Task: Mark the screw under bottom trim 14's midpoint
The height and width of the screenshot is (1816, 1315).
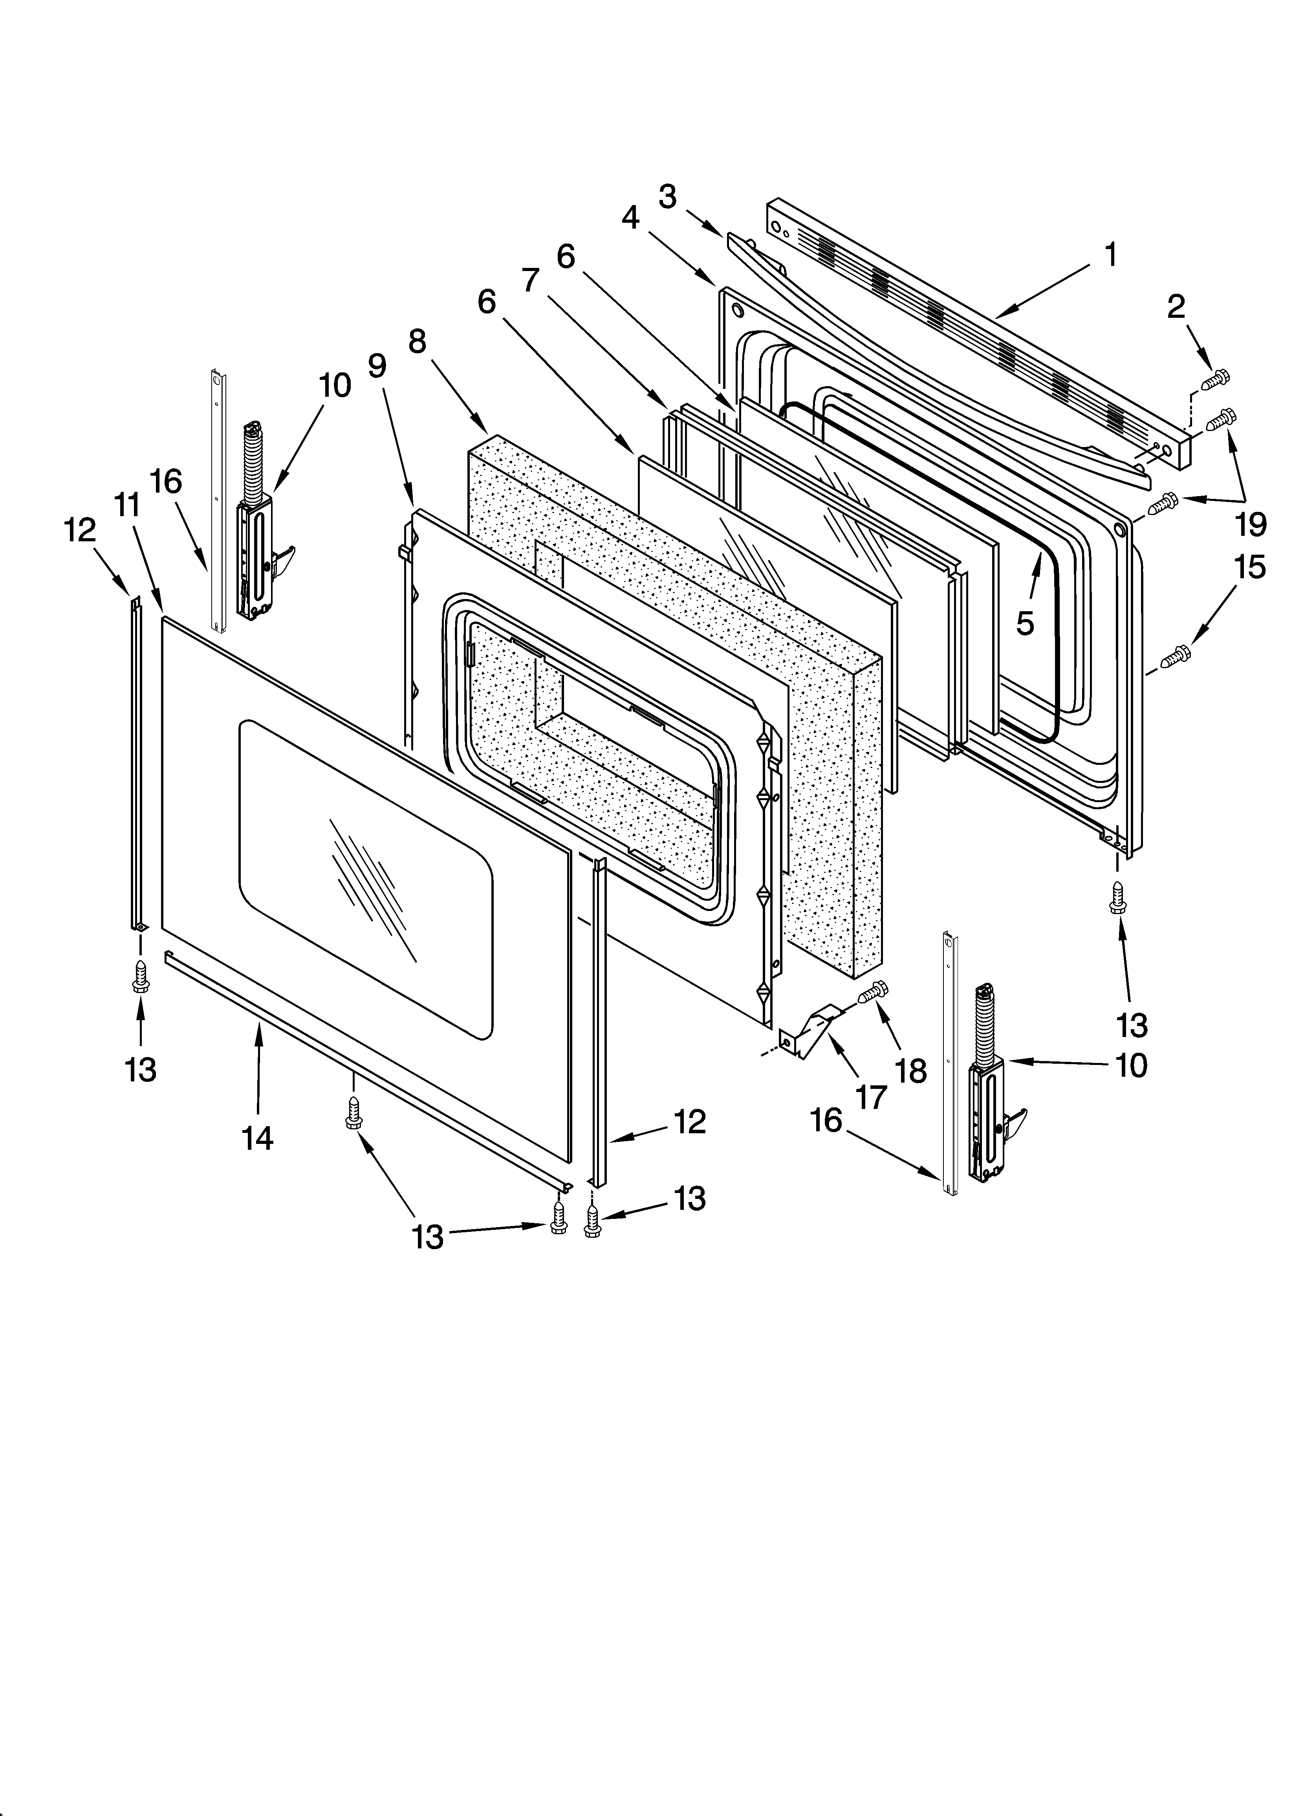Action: pos(352,1113)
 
